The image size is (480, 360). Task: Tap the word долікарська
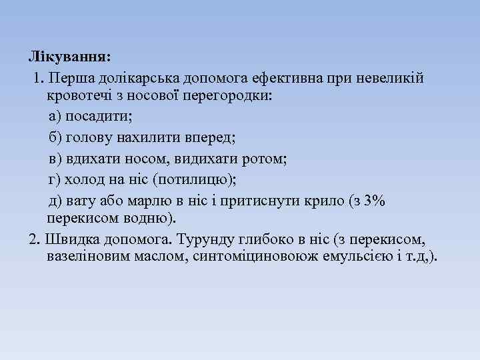pyautogui.click(x=129, y=79)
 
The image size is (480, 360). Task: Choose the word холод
pyautogui.click(x=81, y=180)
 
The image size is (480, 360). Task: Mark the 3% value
pyautogui.click(x=372, y=201)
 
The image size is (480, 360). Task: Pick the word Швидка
pyautogui.click(x=65, y=239)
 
